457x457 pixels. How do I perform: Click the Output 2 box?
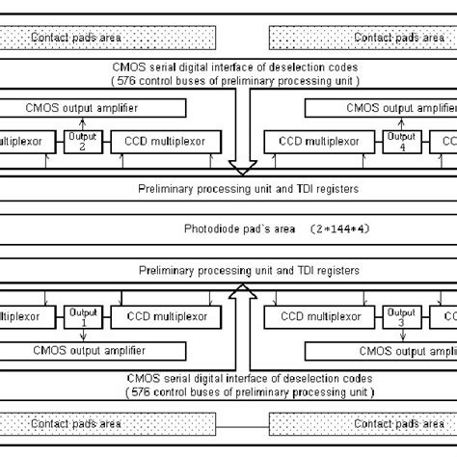(x=82, y=141)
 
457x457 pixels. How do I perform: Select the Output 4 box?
(x=402, y=141)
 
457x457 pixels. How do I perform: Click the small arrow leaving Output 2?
(x=82, y=122)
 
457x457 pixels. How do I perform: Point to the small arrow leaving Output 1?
(x=82, y=335)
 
